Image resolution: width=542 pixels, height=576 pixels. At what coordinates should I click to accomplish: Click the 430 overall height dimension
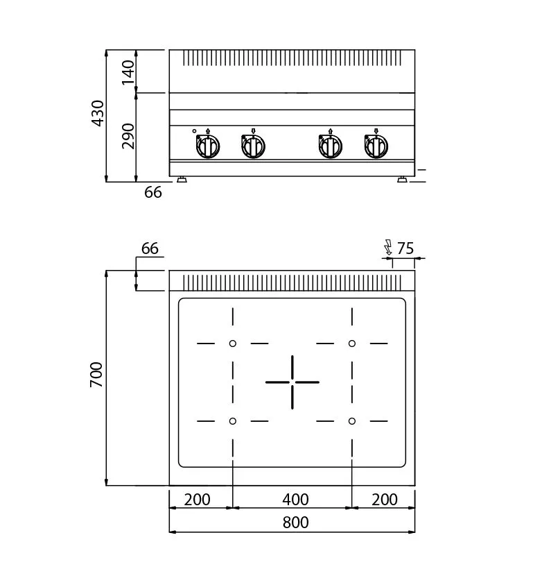click(98, 113)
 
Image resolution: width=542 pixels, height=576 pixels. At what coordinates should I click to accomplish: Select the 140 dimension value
click(128, 72)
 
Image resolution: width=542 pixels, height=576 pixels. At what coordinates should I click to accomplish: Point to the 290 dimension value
click(128, 136)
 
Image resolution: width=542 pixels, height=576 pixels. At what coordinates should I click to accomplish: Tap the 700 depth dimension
click(96, 374)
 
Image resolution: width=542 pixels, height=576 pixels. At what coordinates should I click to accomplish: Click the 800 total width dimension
click(295, 523)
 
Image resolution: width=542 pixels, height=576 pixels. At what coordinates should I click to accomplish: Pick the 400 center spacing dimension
click(295, 500)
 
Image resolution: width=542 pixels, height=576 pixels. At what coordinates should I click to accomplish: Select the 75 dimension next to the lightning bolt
click(405, 248)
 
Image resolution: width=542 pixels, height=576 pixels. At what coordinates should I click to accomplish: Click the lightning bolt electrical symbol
click(388, 247)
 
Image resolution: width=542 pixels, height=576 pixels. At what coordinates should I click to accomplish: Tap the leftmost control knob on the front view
click(207, 146)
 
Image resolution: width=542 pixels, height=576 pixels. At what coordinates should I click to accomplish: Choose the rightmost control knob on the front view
click(376, 146)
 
